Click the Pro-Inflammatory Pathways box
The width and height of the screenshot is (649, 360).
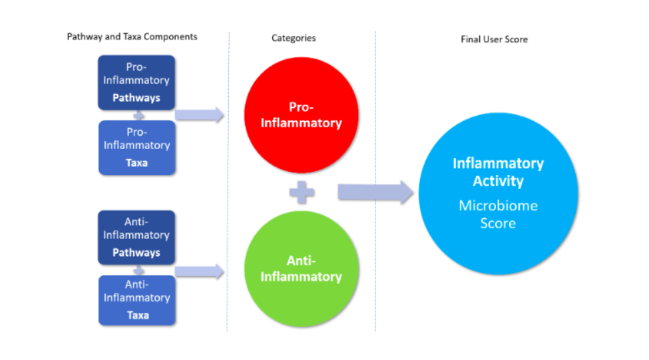[x=136, y=83]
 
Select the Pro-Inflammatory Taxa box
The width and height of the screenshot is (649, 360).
[x=137, y=148]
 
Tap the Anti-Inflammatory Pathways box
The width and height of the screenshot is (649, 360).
[x=136, y=238]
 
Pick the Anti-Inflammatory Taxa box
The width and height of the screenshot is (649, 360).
[x=137, y=300]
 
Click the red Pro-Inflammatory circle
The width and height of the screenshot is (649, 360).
[x=302, y=115]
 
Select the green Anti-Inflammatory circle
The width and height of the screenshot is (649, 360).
[x=302, y=269]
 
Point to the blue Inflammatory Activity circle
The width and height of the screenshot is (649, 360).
[x=499, y=193]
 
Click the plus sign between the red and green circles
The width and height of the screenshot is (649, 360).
[x=302, y=192]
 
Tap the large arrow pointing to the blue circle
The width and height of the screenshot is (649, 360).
[x=375, y=192]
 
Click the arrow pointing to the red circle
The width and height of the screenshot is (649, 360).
[x=200, y=114]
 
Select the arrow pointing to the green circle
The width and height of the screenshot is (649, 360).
[x=200, y=271]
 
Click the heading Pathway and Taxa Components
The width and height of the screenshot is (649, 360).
[x=132, y=37]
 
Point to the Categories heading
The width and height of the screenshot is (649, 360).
[x=294, y=38]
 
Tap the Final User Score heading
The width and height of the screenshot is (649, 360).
[x=494, y=39]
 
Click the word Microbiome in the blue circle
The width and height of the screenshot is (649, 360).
[x=499, y=206]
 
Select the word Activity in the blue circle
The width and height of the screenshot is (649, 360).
[x=499, y=181]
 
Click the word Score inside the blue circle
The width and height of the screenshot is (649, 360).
[x=498, y=223]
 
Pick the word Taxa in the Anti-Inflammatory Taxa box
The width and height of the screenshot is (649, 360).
[x=138, y=315]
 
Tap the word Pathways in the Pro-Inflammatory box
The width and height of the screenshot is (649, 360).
[x=136, y=98]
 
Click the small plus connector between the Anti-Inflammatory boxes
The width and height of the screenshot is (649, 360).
[x=138, y=270]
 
